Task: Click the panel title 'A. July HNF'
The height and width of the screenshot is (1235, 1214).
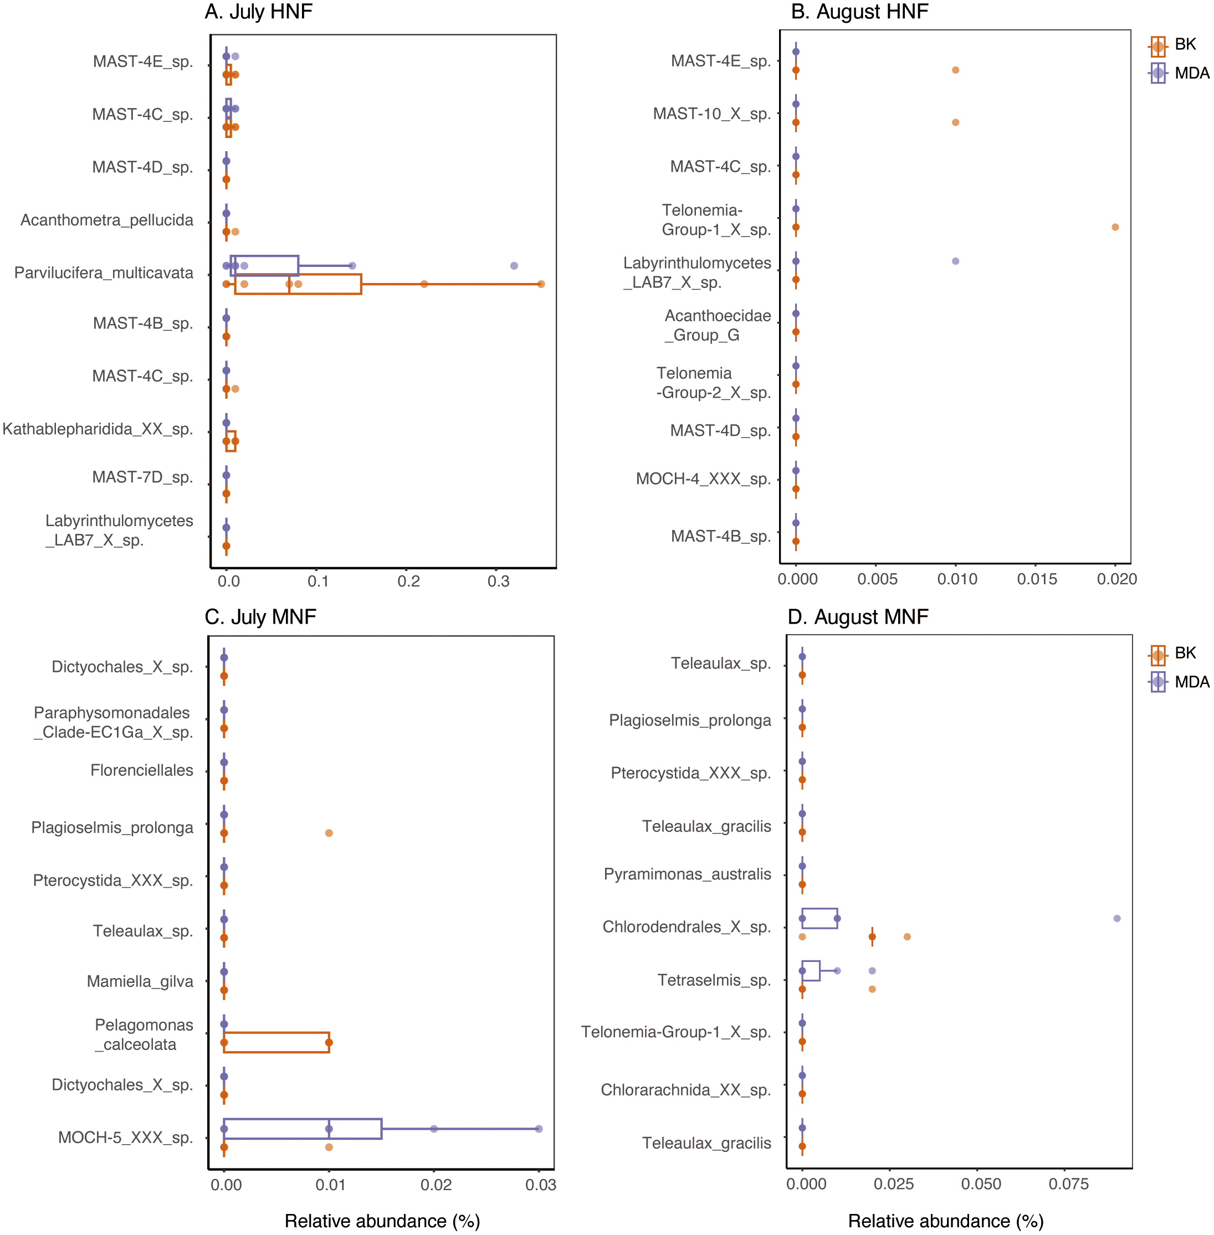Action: point(258,12)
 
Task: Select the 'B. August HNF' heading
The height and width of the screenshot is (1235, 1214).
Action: point(859,12)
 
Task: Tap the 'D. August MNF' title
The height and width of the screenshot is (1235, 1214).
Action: point(858,617)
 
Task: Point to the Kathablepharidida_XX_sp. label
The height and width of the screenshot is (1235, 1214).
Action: point(98,429)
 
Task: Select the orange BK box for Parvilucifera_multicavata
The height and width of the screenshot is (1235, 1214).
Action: point(298,284)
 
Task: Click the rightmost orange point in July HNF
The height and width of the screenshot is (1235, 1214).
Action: point(541,284)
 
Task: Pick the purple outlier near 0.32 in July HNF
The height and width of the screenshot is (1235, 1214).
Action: point(514,266)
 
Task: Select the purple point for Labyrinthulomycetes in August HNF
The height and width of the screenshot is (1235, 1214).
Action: point(955,261)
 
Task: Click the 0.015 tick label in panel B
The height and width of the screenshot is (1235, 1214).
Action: point(1037,579)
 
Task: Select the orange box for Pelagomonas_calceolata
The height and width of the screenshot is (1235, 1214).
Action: point(276,1042)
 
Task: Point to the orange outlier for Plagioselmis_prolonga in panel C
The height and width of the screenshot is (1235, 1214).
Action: point(329,833)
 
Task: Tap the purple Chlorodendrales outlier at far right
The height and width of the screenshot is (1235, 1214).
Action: point(1117,918)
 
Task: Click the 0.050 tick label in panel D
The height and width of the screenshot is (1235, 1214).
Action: point(981,1184)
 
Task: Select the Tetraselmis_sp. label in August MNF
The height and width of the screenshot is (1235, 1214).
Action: point(714,980)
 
